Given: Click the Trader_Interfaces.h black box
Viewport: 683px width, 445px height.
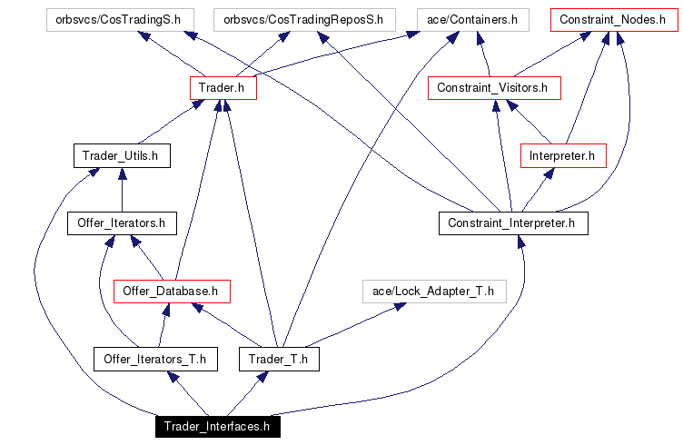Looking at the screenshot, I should tap(216, 426).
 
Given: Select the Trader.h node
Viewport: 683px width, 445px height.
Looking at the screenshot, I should tap(223, 88).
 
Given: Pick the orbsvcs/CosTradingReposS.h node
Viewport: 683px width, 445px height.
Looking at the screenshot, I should tap(303, 19).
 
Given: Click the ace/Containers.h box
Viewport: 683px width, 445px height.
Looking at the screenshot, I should tap(472, 19).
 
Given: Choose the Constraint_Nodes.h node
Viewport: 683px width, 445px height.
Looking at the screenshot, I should tap(613, 19).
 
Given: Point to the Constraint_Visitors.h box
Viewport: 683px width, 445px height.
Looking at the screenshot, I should tap(493, 88).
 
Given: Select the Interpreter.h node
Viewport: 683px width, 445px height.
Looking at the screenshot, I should tap(562, 156).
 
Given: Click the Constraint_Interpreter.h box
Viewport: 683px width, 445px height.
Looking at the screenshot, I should tap(513, 222).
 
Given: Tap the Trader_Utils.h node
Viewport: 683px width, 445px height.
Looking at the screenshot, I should tap(121, 156).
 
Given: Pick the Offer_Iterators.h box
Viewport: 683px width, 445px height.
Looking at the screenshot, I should tap(121, 222).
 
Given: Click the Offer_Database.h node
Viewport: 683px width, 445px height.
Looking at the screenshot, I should tap(172, 292).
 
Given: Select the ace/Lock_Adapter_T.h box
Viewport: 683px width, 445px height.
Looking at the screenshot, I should tap(433, 292).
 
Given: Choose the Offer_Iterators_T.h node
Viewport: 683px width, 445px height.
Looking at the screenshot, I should tap(155, 359).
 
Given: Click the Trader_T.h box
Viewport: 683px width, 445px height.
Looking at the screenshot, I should tap(280, 359).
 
